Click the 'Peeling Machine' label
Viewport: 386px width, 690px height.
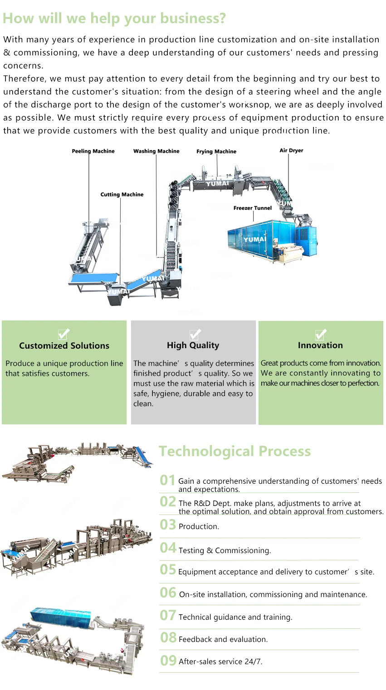coord(93,151)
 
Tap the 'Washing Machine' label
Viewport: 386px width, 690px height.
coord(156,151)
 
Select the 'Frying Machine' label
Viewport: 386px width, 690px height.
coord(216,151)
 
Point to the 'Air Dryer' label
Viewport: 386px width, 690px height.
coord(291,150)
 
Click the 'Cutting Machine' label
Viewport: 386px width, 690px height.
coord(122,194)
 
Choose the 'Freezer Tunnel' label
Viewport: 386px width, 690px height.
coord(252,208)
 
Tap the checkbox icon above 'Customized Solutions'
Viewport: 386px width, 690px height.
coord(64,334)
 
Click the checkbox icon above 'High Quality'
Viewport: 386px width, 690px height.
coord(195,334)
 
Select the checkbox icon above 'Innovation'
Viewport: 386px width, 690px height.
coord(321,334)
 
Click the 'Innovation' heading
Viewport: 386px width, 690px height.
coord(320,345)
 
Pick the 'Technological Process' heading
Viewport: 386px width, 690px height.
coord(235,451)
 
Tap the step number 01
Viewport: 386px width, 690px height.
coord(167,480)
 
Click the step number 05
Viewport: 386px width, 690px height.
coord(168,569)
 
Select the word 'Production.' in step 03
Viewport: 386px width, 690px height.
coord(199,526)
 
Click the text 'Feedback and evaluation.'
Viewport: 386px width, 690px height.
coord(223,639)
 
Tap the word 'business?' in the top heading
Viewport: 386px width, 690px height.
coord(197,18)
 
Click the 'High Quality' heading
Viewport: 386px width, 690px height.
coord(193,345)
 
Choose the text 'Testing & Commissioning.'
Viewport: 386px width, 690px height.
coord(225,550)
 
